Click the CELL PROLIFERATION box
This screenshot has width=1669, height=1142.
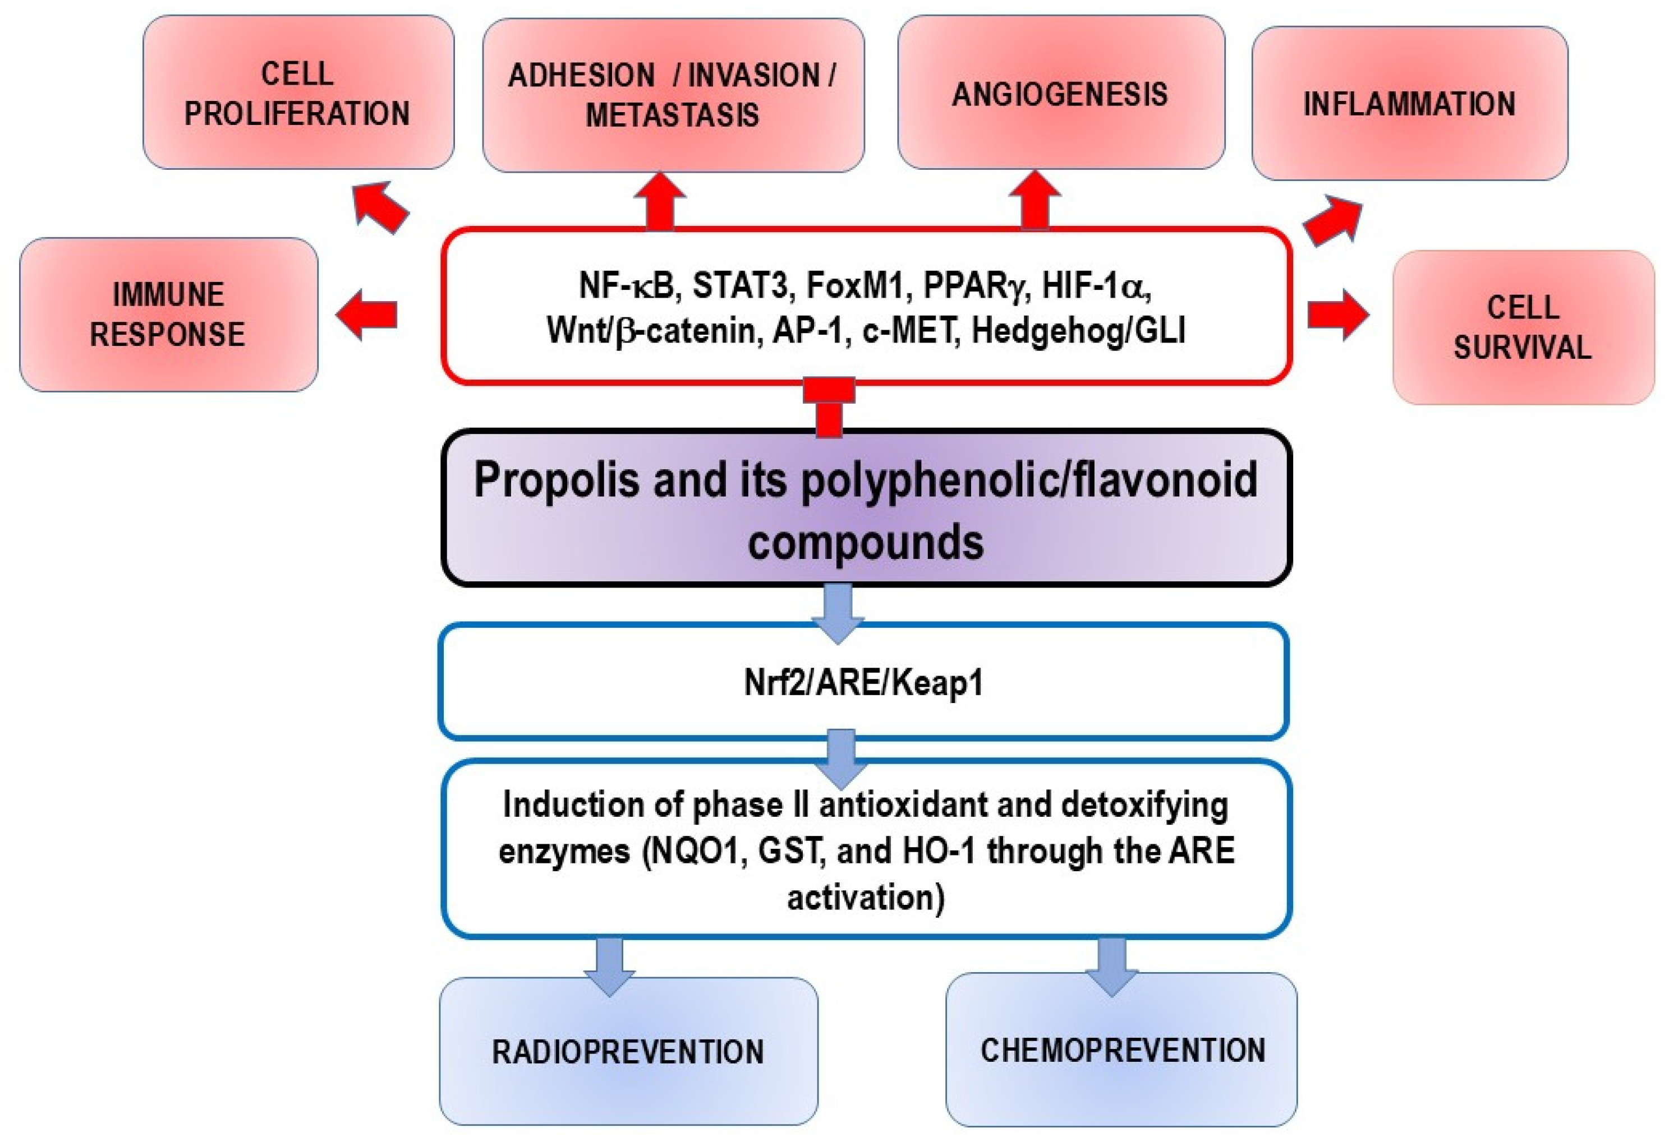click(x=298, y=93)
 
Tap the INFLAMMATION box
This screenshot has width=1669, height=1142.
click(x=1409, y=104)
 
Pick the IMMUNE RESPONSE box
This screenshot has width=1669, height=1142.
click(x=168, y=315)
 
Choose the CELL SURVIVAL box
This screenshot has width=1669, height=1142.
click(x=1523, y=327)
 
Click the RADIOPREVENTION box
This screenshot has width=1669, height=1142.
click(x=628, y=1052)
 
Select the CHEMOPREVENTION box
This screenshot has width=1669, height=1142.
click(x=1122, y=1050)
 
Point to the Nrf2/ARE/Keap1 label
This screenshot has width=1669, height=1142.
click(x=863, y=682)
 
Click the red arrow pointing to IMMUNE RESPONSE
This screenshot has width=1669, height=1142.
click(x=367, y=315)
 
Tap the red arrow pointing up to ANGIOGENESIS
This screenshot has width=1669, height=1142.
click(x=1035, y=200)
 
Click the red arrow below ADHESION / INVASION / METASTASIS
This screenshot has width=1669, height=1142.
click(x=660, y=200)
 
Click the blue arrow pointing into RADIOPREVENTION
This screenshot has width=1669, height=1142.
click(x=610, y=966)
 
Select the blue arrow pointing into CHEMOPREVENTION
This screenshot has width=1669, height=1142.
click(x=1111, y=966)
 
